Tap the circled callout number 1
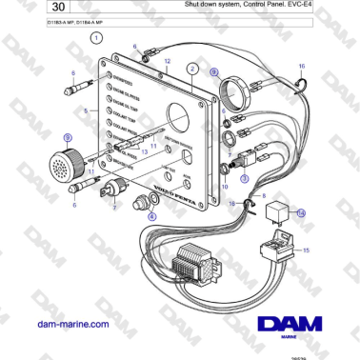[x=96, y=39]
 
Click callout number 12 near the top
[x=167, y=61]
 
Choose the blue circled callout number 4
[x=150, y=216]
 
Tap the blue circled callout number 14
[x=301, y=214]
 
